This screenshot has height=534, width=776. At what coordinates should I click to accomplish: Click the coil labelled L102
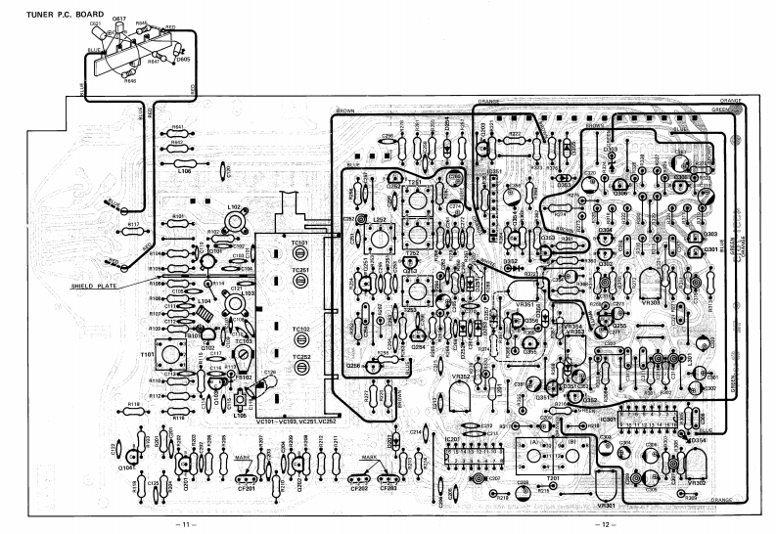click(x=234, y=220)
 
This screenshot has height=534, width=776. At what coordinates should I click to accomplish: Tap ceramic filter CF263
click(x=388, y=480)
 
